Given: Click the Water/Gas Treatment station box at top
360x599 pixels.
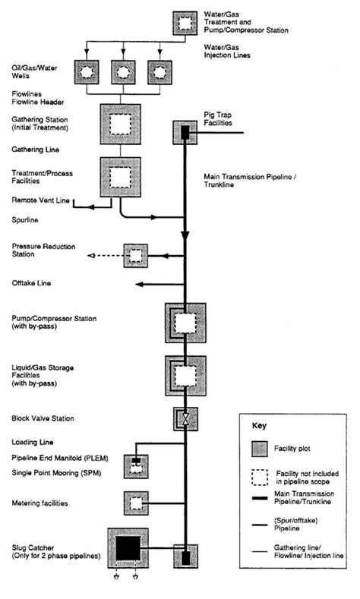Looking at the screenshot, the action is point(185,24).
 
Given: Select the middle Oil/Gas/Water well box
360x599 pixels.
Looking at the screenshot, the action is point(123,72).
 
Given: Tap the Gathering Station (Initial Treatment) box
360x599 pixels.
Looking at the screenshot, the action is point(121,125).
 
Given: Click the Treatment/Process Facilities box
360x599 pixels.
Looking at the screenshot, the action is point(121,177).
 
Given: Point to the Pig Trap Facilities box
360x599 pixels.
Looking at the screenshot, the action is point(185,133).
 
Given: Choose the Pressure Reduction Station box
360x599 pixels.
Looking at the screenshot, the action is point(136,256).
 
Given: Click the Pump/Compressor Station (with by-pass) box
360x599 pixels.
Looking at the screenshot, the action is point(185,323).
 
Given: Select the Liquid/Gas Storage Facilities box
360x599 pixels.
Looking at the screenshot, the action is point(185,376).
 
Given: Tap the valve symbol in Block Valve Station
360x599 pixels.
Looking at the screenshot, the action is point(185,419).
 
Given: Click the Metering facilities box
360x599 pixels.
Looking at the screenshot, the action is point(136,503).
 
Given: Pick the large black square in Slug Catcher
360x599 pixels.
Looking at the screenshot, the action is point(128,549).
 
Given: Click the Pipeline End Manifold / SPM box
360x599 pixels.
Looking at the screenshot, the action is point(136,466).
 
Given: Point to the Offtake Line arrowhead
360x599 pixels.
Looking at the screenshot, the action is point(140,284).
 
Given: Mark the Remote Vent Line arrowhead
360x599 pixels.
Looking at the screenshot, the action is point(91,207).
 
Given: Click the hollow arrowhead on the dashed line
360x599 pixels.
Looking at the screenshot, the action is point(91,256).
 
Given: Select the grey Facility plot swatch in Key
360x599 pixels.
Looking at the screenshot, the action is point(260,449).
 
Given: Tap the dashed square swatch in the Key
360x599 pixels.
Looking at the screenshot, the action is point(260,478).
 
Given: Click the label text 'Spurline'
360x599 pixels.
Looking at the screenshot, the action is point(25,220).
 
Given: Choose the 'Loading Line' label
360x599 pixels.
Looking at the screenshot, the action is point(33,442).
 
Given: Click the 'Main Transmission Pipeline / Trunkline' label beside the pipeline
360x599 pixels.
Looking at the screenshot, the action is point(250,181).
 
